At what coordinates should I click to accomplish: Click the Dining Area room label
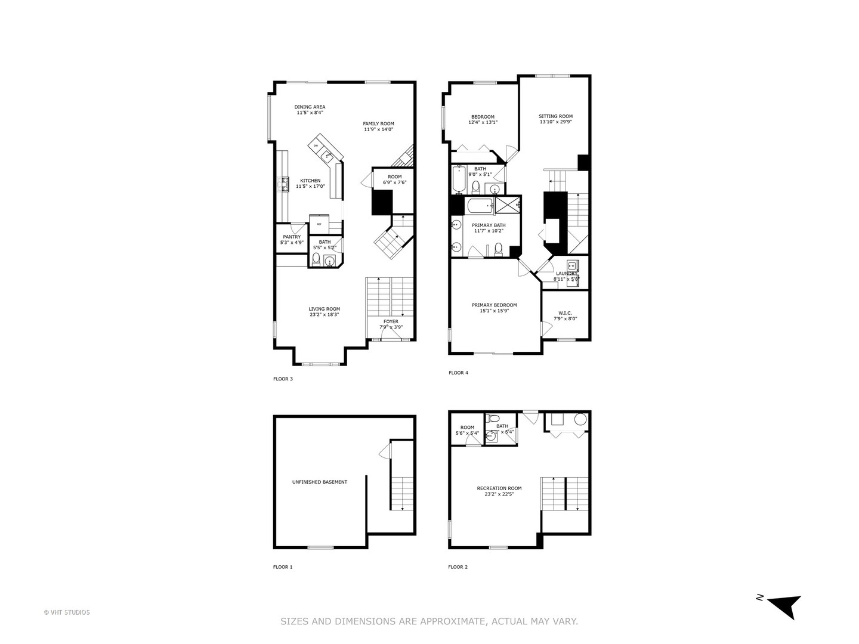click(x=310, y=107)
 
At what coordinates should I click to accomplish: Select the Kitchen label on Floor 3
click(x=310, y=181)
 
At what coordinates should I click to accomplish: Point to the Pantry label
click(x=292, y=237)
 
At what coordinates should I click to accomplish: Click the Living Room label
click(x=324, y=309)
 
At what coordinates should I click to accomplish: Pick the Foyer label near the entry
click(x=391, y=321)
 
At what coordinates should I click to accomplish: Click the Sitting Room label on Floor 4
click(x=555, y=116)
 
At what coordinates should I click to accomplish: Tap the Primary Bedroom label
click(x=494, y=305)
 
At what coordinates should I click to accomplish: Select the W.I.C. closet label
click(x=565, y=312)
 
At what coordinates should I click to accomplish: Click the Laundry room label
click(x=566, y=273)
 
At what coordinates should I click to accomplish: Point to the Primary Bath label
click(x=489, y=225)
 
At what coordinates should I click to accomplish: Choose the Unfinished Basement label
click(x=319, y=482)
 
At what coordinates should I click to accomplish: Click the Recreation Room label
click(x=499, y=488)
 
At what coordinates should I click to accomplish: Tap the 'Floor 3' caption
click(x=283, y=379)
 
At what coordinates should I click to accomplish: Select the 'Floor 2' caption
click(x=458, y=567)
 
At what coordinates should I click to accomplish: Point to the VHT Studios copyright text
click(x=67, y=612)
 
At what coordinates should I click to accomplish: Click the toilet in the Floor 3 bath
click(x=316, y=259)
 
